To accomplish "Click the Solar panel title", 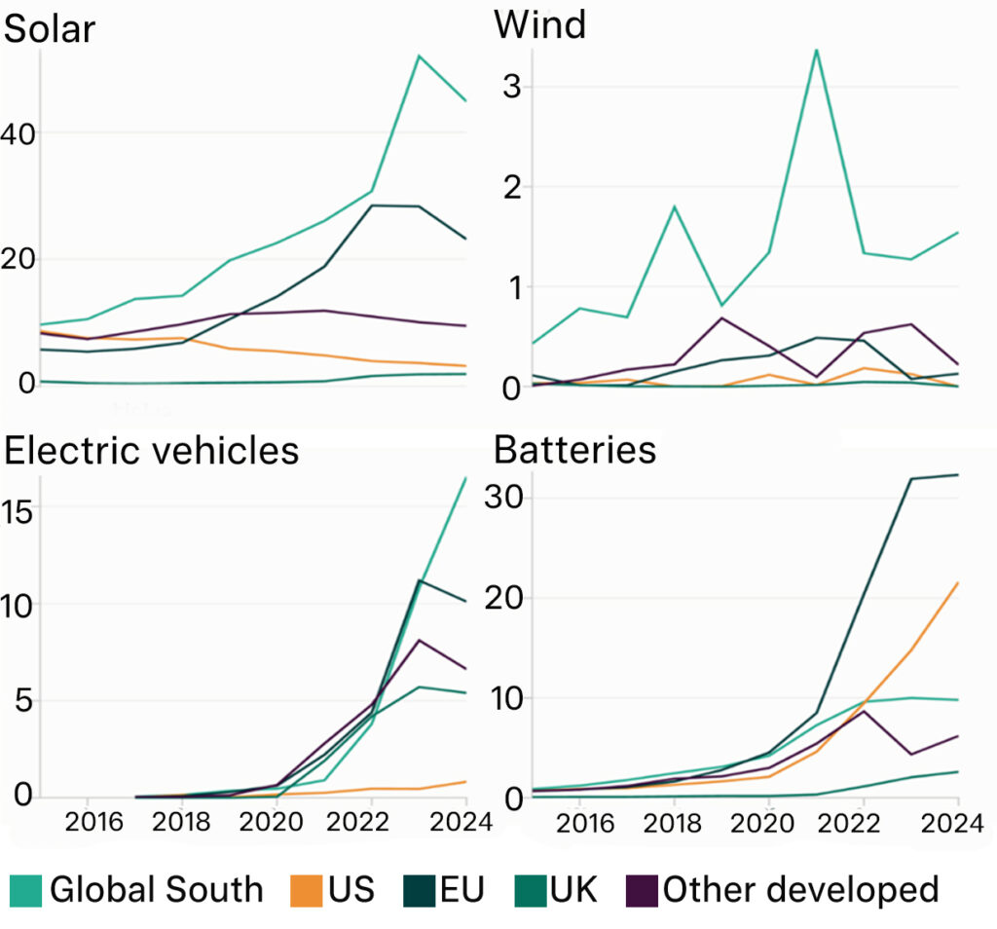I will click(x=50, y=29).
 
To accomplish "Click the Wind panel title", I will click(x=540, y=24).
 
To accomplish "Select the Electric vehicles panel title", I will click(x=152, y=450).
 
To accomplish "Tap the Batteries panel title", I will click(x=574, y=450).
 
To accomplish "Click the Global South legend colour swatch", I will click(x=26, y=889).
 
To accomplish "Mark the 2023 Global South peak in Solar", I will click(x=419, y=56).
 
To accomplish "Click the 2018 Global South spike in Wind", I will click(x=675, y=206).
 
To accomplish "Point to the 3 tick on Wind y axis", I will click(x=513, y=86).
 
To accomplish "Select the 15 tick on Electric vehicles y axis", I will click(x=20, y=509).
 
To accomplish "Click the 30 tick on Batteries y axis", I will click(x=506, y=497).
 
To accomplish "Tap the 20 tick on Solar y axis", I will click(x=18, y=259).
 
